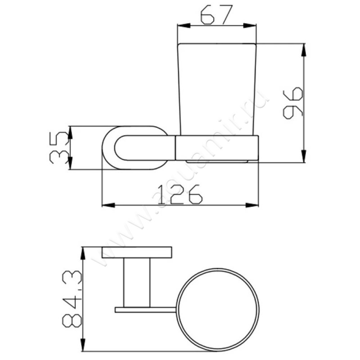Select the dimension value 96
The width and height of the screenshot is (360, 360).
click(x=293, y=103)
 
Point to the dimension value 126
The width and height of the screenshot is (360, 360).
click(x=180, y=194)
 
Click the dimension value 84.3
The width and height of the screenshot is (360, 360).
click(x=72, y=299)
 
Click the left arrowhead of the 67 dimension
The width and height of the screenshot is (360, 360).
click(x=184, y=26)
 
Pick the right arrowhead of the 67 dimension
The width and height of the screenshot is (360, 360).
click(x=250, y=26)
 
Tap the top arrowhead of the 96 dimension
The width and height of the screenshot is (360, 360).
click(x=303, y=50)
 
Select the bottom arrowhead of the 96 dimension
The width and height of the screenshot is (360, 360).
click(x=303, y=156)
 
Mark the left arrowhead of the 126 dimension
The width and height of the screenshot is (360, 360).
click(x=108, y=205)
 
